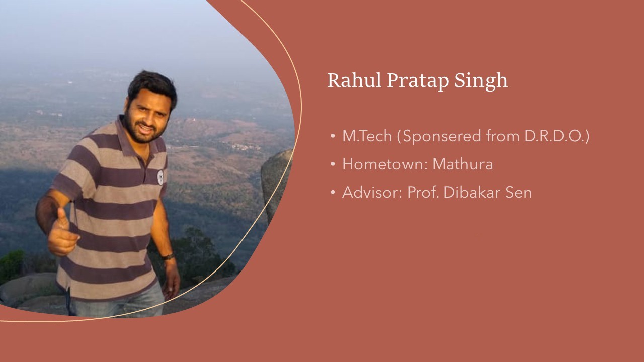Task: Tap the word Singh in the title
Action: pos(481,81)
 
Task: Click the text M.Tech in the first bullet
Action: pos(367,136)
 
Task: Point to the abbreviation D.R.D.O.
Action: pos(554,136)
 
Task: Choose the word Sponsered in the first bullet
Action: pos(442,137)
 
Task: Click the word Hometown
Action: pos(385,164)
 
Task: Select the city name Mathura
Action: pos(462,164)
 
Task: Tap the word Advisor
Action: pos(372,192)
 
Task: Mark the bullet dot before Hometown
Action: pos(333,164)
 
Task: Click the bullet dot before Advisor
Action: pos(333,192)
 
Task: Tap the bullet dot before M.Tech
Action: pos(333,136)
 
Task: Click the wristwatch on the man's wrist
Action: pos(168,256)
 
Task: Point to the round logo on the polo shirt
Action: pos(160,177)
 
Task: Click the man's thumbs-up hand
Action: pos(62,234)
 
